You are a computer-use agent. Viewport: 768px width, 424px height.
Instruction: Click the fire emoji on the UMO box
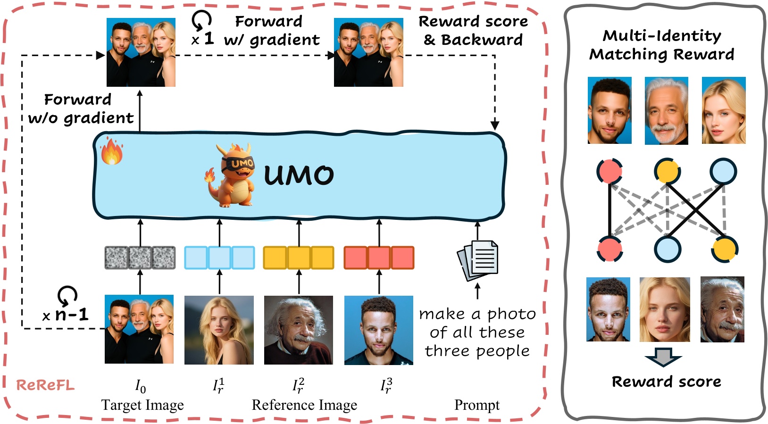tap(112, 151)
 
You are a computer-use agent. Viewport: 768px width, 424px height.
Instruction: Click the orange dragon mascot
tap(232, 176)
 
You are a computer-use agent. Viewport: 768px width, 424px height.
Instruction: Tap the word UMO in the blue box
tap(299, 175)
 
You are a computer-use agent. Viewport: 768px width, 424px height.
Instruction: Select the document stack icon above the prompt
tap(478, 260)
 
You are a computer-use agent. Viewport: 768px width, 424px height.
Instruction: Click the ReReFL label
tap(45, 385)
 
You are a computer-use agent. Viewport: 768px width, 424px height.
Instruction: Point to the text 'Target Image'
tap(142, 405)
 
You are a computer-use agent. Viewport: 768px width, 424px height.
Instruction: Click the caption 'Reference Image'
tap(304, 405)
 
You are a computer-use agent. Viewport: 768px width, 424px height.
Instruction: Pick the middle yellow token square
tap(299, 258)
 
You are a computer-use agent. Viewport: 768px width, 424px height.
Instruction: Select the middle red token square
tap(379, 258)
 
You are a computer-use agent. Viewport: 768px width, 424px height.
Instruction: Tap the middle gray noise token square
tap(140, 258)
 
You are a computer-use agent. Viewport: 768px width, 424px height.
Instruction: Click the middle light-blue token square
tap(219, 258)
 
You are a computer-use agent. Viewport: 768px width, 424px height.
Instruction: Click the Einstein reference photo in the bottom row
tap(299, 330)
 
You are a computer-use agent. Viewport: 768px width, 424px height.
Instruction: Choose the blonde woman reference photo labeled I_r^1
tap(219, 330)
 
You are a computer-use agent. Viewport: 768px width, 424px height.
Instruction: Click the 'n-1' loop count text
tap(71, 315)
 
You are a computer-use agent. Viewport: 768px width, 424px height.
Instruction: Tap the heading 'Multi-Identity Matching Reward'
tap(662, 45)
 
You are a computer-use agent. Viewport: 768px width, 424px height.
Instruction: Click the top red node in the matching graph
tap(609, 171)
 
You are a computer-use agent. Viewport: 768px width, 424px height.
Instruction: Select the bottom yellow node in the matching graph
tap(725, 249)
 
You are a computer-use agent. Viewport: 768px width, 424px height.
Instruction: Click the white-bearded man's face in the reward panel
tap(666, 111)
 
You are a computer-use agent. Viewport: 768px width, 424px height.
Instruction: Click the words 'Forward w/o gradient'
tap(80, 108)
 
